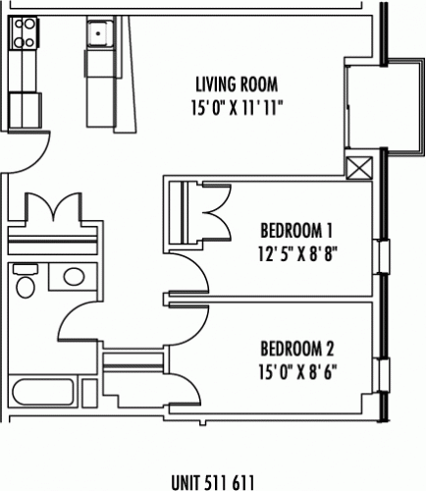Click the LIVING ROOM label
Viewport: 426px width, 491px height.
coord(237,84)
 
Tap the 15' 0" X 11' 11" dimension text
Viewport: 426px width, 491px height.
coord(237,108)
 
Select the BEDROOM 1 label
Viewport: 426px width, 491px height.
coord(296,231)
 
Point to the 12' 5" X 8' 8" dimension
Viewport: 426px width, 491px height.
coord(297,253)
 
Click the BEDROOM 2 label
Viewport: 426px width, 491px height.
coord(297,349)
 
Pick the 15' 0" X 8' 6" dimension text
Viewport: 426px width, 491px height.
coord(297,372)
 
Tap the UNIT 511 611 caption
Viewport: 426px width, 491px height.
coord(213,482)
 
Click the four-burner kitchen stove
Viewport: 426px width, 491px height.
coord(24,32)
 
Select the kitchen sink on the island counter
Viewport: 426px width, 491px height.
coord(100,32)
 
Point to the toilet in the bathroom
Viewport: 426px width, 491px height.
coord(26,282)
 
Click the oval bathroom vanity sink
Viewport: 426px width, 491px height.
coord(75,277)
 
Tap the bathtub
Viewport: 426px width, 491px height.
coord(43,392)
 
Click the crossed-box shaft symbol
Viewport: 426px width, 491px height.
coord(359,168)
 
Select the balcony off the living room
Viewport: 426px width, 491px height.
coord(385,104)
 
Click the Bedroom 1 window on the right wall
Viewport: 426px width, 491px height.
coord(382,256)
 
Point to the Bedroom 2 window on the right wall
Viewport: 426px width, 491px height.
coord(382,375)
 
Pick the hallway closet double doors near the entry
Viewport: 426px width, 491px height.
coord(53,209)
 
